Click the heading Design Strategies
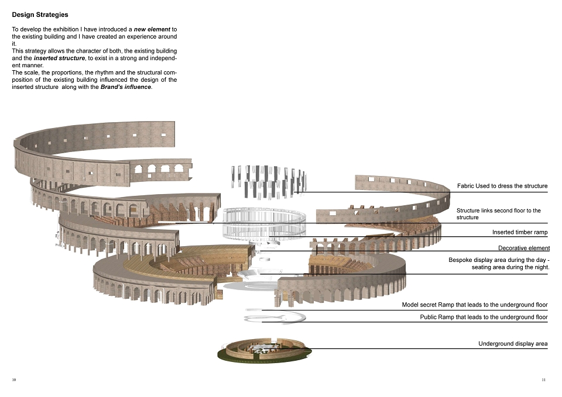40,15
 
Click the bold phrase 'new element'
152,29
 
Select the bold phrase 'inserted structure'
60,58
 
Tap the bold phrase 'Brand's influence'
126,87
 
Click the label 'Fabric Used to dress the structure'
502,186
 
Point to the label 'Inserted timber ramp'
520,232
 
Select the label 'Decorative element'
523,248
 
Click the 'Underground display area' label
513,344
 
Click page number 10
14,380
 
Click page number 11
543,380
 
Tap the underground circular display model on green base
264,349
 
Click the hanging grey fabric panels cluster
269,181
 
